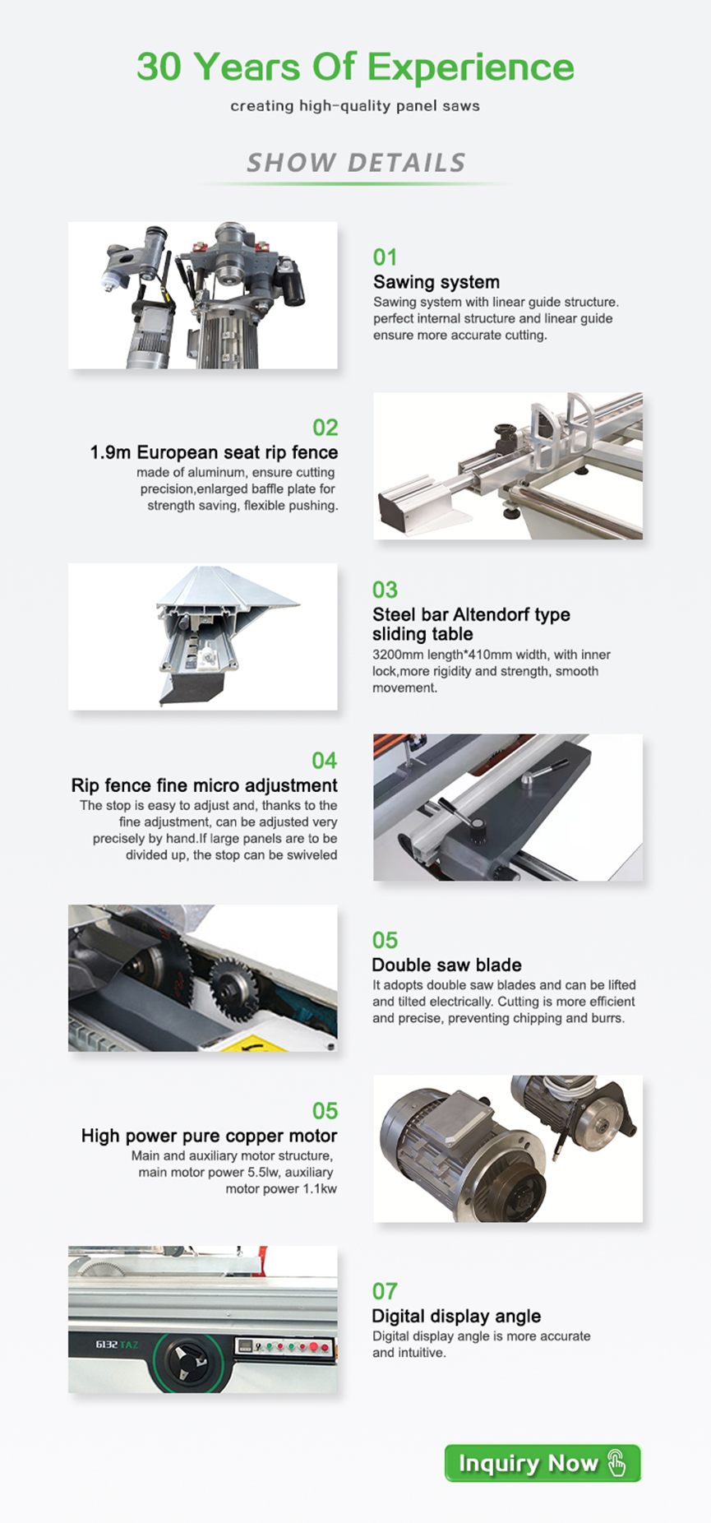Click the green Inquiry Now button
point(542,1463)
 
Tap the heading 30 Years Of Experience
point(355,67)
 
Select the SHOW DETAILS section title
point(356,163)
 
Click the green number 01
point(385,257)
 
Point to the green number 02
point(325,428)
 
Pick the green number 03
point(385,590)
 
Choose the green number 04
point(325,761)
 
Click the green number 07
point(385,1291)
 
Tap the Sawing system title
point(436,282)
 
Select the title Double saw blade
point(446,965)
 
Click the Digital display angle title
point(456,1316)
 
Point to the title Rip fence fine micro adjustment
point(204,785)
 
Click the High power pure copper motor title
point(209,1136)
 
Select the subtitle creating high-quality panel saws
point(355,106)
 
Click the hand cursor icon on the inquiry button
point(616,1463)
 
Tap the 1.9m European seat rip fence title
point(214,452)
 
